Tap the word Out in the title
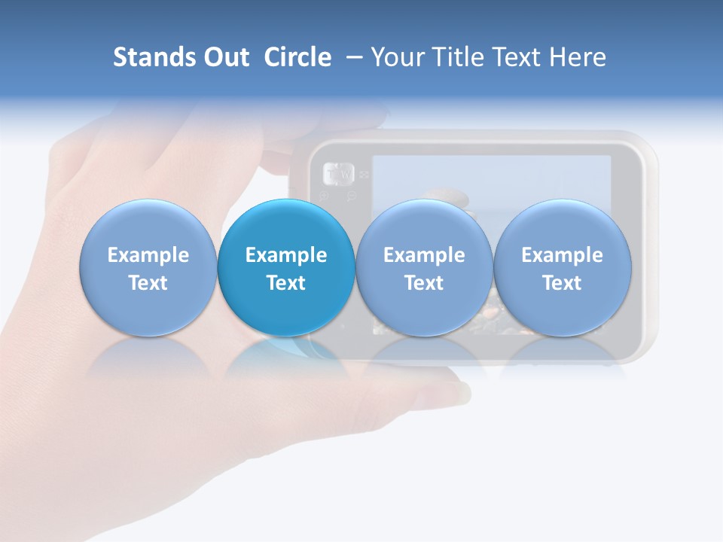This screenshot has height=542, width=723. (x=226, y=57)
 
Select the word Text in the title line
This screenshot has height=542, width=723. (x=520, y=57)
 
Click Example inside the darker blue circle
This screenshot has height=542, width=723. (x=286, y=255)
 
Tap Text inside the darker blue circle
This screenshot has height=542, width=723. (x=286, y=283)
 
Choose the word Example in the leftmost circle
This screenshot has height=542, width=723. (x=148, y=255)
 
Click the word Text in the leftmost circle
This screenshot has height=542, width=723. (x=148, y=283)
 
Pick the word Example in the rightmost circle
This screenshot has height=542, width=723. (x=562, y=255)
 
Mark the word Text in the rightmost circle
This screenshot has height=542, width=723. (x=562, y=283)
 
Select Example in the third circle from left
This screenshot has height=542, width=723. (x=424, y=255)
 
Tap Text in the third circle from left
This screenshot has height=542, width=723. (x=424, y=283)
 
